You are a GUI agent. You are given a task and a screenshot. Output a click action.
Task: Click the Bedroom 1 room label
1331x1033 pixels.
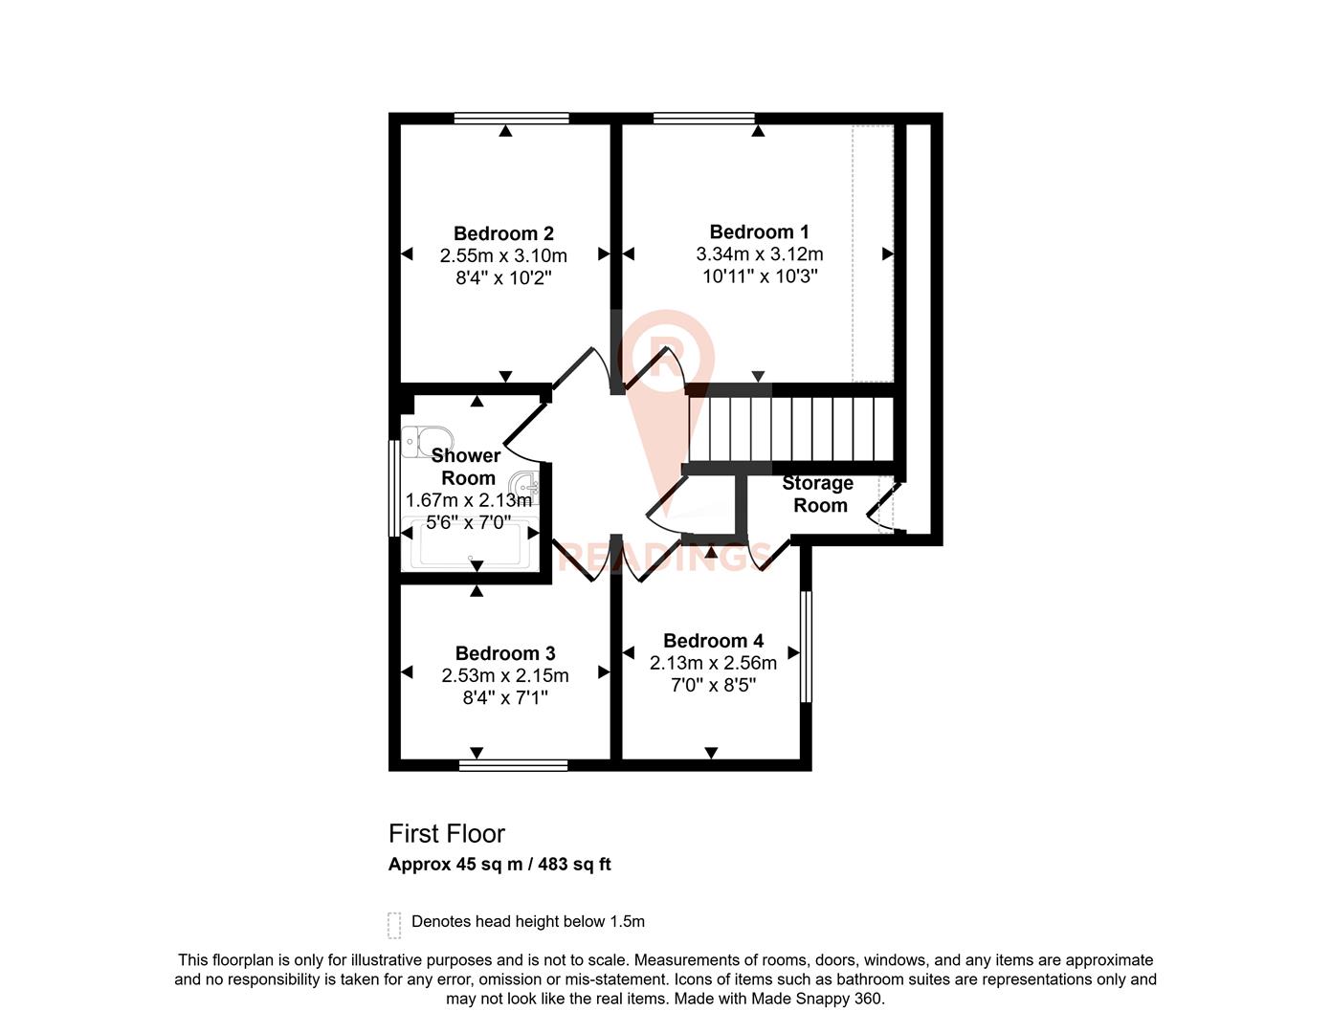[x=759, y=231]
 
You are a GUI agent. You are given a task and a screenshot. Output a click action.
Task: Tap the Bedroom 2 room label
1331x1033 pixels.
[x=503, y=233]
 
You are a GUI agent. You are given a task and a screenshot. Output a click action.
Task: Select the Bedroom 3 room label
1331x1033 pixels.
[x=504, y=653]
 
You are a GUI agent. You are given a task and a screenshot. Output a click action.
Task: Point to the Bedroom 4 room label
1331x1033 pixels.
[x=713, y=641]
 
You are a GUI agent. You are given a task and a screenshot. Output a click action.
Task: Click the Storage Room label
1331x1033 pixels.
[x=818, y=495]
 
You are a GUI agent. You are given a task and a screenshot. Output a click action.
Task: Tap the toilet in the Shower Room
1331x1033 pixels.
[x=422, y=442]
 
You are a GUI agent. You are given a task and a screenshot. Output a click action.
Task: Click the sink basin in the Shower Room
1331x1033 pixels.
[x=524, y=486]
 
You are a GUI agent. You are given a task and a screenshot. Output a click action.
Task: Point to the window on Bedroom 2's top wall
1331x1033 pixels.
[x=511, y=119]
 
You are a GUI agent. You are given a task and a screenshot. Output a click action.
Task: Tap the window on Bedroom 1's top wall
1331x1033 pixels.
[x=703, y=119]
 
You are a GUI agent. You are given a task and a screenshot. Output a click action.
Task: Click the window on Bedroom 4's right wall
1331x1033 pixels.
[x=806, y=647]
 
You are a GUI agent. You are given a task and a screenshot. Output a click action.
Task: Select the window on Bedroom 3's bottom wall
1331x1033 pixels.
[x=513, y=764]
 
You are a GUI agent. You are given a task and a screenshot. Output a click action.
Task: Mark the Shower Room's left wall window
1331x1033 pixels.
[x=393, y=488]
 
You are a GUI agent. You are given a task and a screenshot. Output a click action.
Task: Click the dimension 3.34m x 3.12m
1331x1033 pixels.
[x=759, y=254]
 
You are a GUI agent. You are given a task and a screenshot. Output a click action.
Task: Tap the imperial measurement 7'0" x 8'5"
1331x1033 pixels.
[x=713, y=685]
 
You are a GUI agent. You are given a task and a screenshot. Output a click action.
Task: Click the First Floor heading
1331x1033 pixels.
[x=446, y=834]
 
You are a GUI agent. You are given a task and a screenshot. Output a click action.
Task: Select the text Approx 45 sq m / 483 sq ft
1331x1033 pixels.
[x=499, y=865]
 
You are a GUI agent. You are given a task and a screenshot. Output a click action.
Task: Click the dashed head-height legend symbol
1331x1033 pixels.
[x=394, y=925]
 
